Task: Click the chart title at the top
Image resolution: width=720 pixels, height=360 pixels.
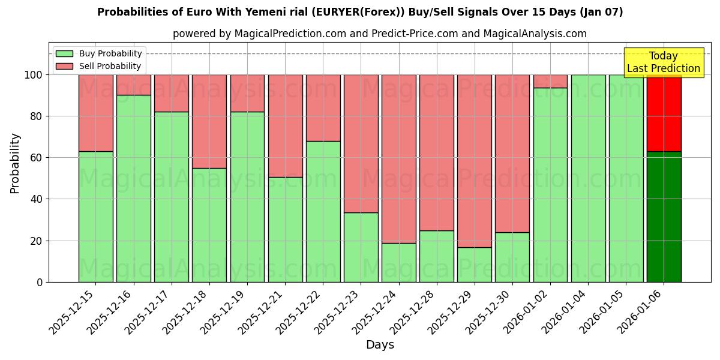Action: [x=360, y=12]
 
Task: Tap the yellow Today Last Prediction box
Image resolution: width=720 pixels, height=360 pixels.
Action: [x=664, y=62]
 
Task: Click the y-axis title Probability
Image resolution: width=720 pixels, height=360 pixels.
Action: [x=15, y=163]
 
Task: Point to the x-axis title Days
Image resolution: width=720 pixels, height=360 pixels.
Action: [x=380, y=345]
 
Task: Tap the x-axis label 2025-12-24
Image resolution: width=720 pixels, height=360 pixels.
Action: [x=378, y=318]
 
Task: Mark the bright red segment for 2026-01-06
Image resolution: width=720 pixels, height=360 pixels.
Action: [x=664, y=113]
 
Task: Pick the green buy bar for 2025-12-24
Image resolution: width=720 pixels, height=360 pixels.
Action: [x=399, y=262]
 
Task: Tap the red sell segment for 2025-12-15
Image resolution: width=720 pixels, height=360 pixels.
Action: [x=96, y=113]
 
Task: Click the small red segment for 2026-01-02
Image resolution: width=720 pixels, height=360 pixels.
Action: [x=550, y=81]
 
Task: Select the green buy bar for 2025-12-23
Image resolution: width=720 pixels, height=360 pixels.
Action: [x=361, y=247]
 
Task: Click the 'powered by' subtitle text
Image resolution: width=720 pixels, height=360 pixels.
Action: [x=380, y=34]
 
